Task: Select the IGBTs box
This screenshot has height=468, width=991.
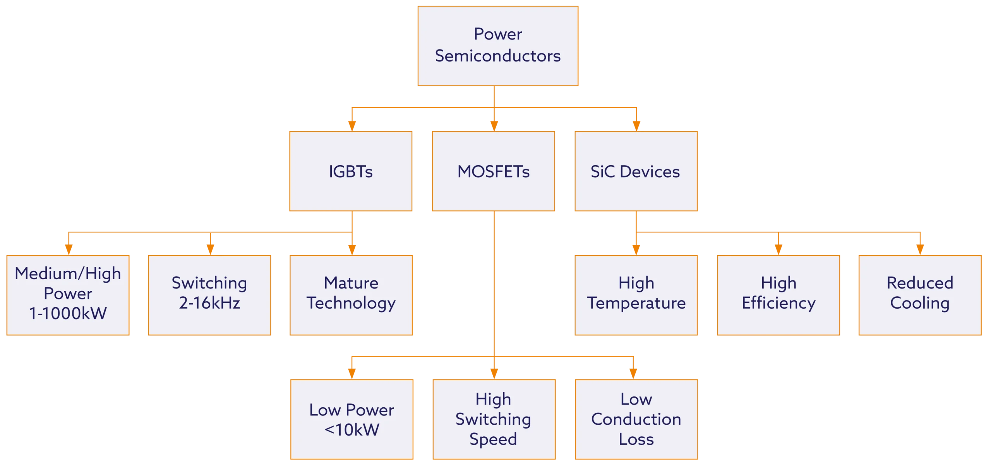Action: pyautogui.click(x=351, y=171)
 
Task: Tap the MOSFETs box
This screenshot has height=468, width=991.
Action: pyautogui.click(x=494, y=171)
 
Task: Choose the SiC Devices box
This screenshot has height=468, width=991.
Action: pyautogui.click(x=636, y=171)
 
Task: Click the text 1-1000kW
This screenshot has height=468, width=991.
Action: pyautogui.click(x=68, y=313)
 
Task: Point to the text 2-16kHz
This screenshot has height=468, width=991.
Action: pyautogui.click(x=209, y=303)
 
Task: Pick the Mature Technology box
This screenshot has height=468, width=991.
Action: pyautogui.click(x=351, y=295)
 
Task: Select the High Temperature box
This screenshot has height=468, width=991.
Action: pyautogui.click(x=636, y=295)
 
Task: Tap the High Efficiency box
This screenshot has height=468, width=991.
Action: pyautogui.click(x=778, y=295)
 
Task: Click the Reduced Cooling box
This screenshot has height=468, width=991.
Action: pyautogui.click(x=920, y=295)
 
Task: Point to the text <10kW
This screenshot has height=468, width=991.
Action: pyautogui.click(x=351, y=430)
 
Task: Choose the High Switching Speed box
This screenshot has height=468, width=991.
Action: pyautogui.click(x=494, y=419)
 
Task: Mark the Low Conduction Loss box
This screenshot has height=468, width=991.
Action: pyautogui.click(x=636, y=419)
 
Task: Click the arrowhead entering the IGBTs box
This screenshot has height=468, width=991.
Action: pyautogui.click(x=351, y=126)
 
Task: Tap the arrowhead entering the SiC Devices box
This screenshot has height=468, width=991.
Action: pyautogui.click(x=636, y=126)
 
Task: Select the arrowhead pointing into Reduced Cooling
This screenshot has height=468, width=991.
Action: pyautogui.click(x=920, y=249)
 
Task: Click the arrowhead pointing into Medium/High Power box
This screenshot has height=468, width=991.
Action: pyautogui.click(x=69, y=249)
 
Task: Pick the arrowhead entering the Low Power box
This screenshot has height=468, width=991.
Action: pyautogui.click(x=351, y=373)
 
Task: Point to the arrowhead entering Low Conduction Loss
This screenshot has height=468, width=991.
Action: pyautogui.click(x=633, y=373)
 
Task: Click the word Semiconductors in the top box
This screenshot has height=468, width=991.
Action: pyautogui.click(x=498, y=56)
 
